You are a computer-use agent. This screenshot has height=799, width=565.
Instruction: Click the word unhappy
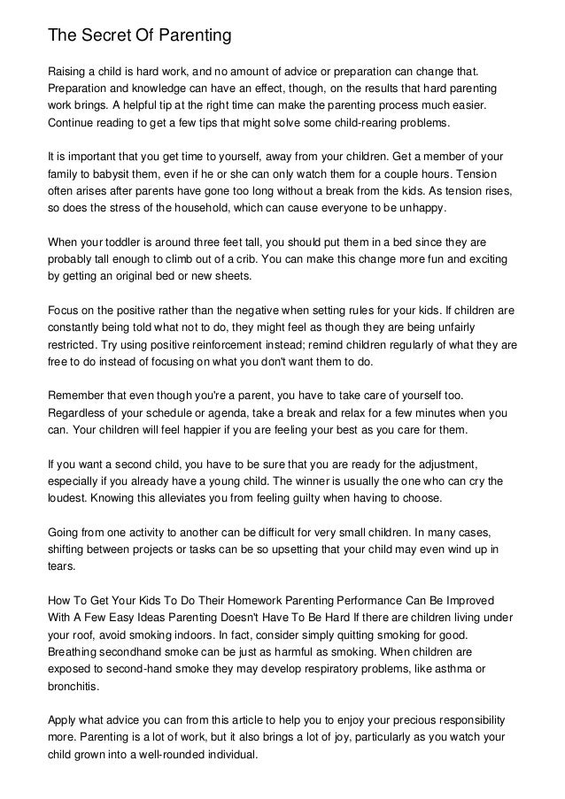click(x=421, y=208)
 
